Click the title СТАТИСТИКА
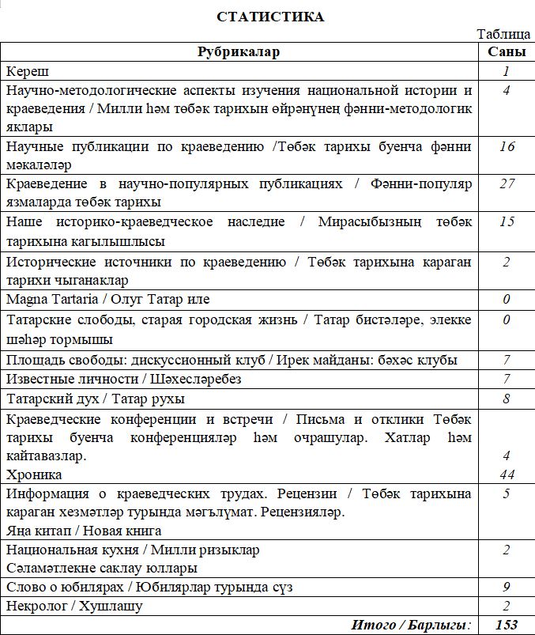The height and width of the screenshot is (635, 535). click(269, 17)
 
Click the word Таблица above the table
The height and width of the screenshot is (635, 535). click(504, 35)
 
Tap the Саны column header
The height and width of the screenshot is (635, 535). click(505, 52)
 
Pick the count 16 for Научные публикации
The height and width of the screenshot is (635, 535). click(507, 146)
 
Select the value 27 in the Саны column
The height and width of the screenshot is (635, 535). click(507, 183)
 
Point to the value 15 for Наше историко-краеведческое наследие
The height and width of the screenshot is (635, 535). click(507, 221)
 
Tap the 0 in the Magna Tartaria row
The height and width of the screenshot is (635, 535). click(507, 300)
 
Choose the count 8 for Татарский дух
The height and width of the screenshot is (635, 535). click(507, 399)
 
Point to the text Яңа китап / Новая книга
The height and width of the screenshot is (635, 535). click(84, 531)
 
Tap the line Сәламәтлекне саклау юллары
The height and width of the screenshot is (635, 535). click(101, 567)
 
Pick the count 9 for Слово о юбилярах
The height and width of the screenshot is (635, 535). click(507, 587)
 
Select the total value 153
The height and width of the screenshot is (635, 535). click(507, 625)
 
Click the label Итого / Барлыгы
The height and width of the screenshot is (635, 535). click(411, 625)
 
